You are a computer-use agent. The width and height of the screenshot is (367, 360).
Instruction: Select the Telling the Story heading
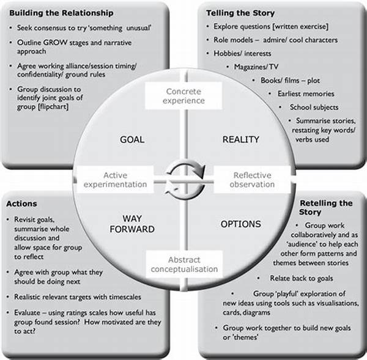(x=240, y=13)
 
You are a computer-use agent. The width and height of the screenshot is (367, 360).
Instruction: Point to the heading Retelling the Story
(x=326, y=208)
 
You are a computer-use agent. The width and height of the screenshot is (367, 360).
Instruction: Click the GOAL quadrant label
(x=132, y=139)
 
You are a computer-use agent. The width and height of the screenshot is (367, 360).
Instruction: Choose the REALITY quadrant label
(x=240, y=139)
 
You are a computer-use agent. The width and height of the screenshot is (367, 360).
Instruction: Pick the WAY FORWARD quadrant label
(x=132, y=224)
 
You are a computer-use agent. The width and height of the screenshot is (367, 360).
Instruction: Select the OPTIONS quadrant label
(x=240, y=224)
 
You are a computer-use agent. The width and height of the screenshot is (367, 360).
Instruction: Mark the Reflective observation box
(x=252, y=180)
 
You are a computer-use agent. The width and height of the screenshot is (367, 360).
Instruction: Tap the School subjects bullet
(x=314, y=107)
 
